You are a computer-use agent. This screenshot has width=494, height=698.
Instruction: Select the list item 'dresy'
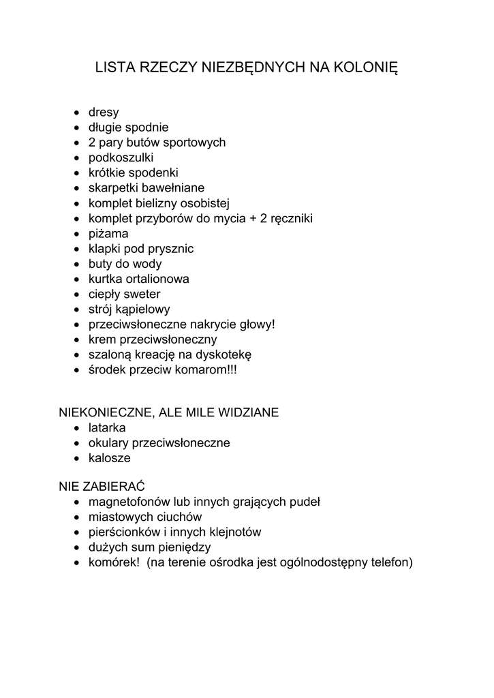pyautogui.click(x=104, y=112)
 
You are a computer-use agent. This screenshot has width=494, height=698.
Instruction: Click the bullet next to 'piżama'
pyautogui.click(x=77, y=234)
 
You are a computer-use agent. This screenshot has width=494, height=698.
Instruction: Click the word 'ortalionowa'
pyautogui.click(x=157, y=279)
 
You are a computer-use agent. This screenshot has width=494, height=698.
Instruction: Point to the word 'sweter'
pyautogui.click(x=142, y=294)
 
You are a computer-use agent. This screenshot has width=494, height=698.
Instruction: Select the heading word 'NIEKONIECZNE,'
pyautogui.click(x=107, y=412)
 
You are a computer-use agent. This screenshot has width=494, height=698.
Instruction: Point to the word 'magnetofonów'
pyautogui.click(x=129, y=502)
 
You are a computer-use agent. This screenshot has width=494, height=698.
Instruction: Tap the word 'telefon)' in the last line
pyautogui.click(x=390, y=562)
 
